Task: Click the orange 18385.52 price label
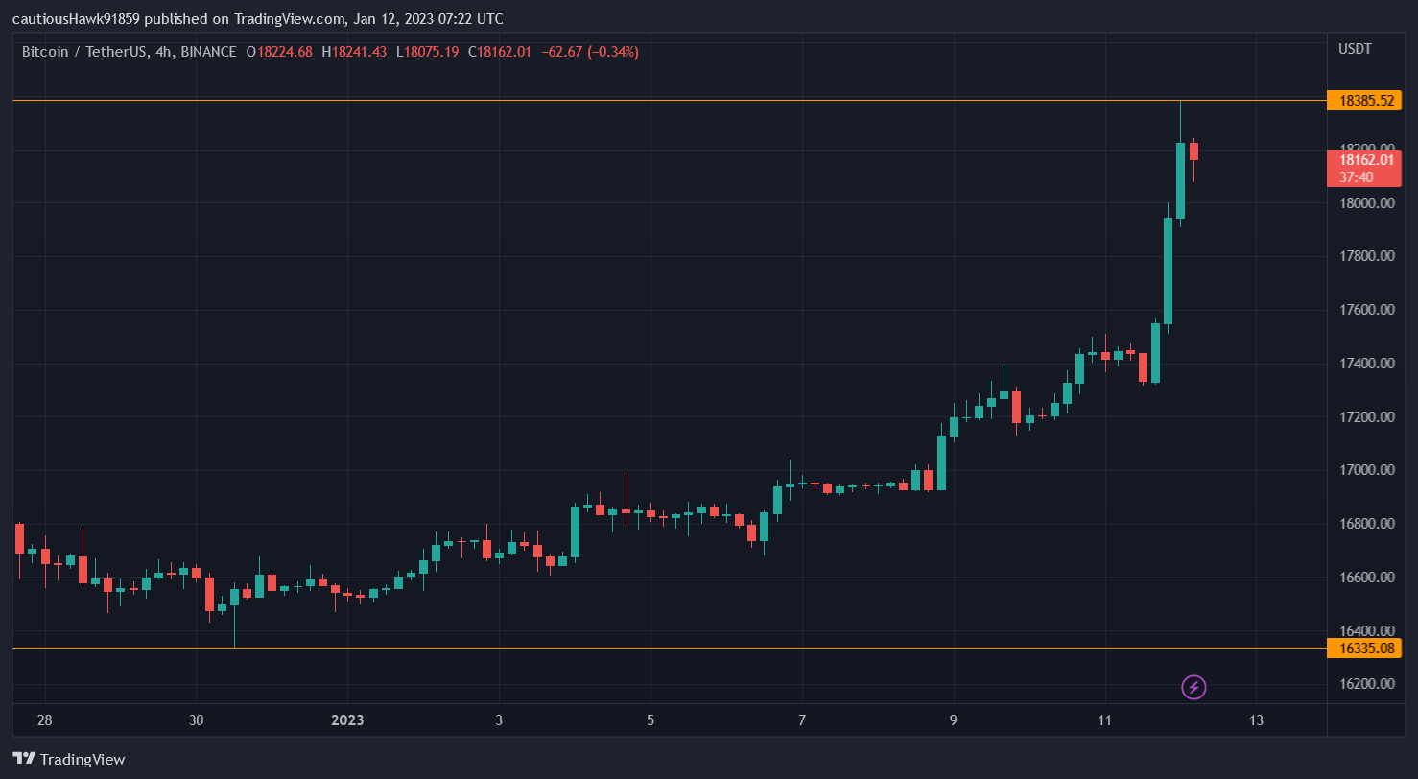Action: pos(1365,100)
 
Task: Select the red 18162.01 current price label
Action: pos(1365,160)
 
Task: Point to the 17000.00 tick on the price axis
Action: pos(1367,470)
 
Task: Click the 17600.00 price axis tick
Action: pos(1367,310)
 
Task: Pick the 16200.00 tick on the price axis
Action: pos(1367,684)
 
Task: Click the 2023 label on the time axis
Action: pos(347,720)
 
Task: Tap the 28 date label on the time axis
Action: pos(44,720)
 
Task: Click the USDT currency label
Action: pos(1355,49)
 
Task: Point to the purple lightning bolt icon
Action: pos(1193,687)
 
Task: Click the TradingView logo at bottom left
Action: pos(69,759)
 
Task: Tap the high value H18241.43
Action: pos(354,52)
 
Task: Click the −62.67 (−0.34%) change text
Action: pos(590,52)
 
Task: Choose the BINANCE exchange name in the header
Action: pos(208,52)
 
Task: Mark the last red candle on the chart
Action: pos(1193,152)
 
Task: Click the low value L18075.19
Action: pos(427,52)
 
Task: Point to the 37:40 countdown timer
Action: pos(1356,177)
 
